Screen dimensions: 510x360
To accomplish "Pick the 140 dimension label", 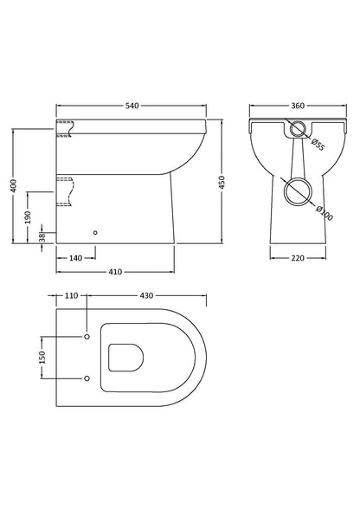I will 75,257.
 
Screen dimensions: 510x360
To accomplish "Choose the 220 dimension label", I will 297,257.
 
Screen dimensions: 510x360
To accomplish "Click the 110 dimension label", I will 72,295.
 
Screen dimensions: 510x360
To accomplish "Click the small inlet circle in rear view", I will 297,131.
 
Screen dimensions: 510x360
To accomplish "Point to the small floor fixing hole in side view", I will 95,233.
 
